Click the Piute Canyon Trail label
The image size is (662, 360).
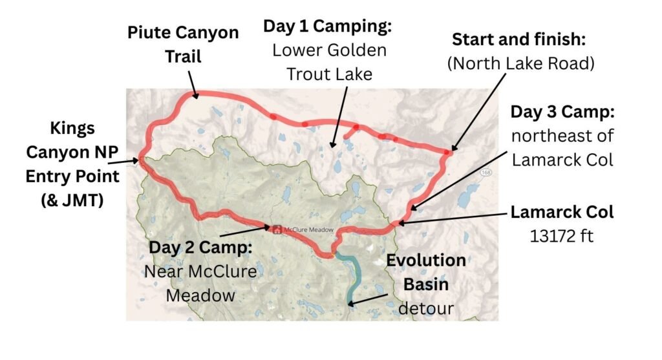[x=183, y=44]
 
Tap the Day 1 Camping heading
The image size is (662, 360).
[x=329, y=27]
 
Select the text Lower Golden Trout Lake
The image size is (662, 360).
[x=329, y=62]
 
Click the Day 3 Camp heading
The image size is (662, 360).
[x=562, y=112]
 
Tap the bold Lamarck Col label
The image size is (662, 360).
[x=562, y=212]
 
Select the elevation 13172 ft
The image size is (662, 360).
[x=561, y=236]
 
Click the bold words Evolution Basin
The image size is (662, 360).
[x=425, y=272]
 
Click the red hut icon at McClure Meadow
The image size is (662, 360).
[x=277, y=228]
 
